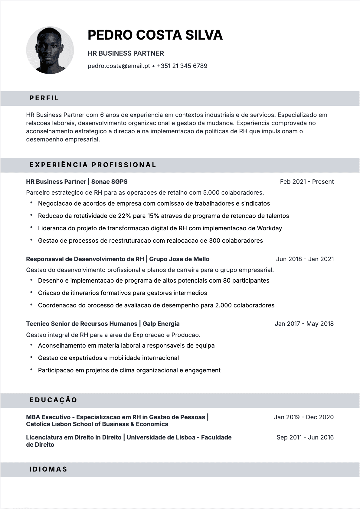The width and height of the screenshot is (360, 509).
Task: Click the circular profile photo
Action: coord(50,50)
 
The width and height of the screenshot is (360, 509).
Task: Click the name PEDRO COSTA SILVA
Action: coord(155,35)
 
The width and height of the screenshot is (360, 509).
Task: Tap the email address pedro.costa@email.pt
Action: coord(119,66)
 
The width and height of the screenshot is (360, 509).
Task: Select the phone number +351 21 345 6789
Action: coord(182,66)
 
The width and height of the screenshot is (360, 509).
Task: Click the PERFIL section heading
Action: coord(44,98)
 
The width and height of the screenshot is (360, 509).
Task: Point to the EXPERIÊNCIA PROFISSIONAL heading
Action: coord(93,165)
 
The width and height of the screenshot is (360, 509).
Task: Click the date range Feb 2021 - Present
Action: coord(307,182)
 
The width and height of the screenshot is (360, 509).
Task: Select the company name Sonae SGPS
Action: coord(109,182)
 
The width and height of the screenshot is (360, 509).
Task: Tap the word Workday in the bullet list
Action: coord(269,228)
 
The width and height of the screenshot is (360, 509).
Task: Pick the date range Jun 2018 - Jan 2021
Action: coord(305,259)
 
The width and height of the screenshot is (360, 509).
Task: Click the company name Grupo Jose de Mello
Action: coord(179,259)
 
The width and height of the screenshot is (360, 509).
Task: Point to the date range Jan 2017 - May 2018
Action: coord(304,324)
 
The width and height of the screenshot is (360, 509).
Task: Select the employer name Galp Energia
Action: coord(161,324)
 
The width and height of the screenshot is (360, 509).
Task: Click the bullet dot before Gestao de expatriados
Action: coord(31,358)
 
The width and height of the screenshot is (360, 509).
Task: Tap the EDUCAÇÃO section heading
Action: coord(53,400)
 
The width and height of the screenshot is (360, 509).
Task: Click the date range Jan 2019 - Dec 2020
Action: coord(303,417)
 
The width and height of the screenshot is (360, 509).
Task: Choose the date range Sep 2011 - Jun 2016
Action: coord(305,437)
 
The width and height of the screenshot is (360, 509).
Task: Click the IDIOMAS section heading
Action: coord(48,469)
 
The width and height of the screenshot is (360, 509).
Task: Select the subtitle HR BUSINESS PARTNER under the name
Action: coord(126,53)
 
